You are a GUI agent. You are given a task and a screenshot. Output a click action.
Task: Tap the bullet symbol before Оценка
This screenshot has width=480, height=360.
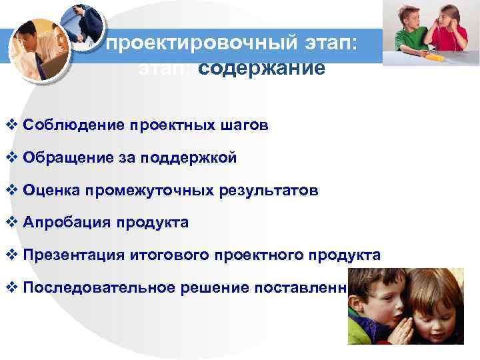[11, 191]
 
